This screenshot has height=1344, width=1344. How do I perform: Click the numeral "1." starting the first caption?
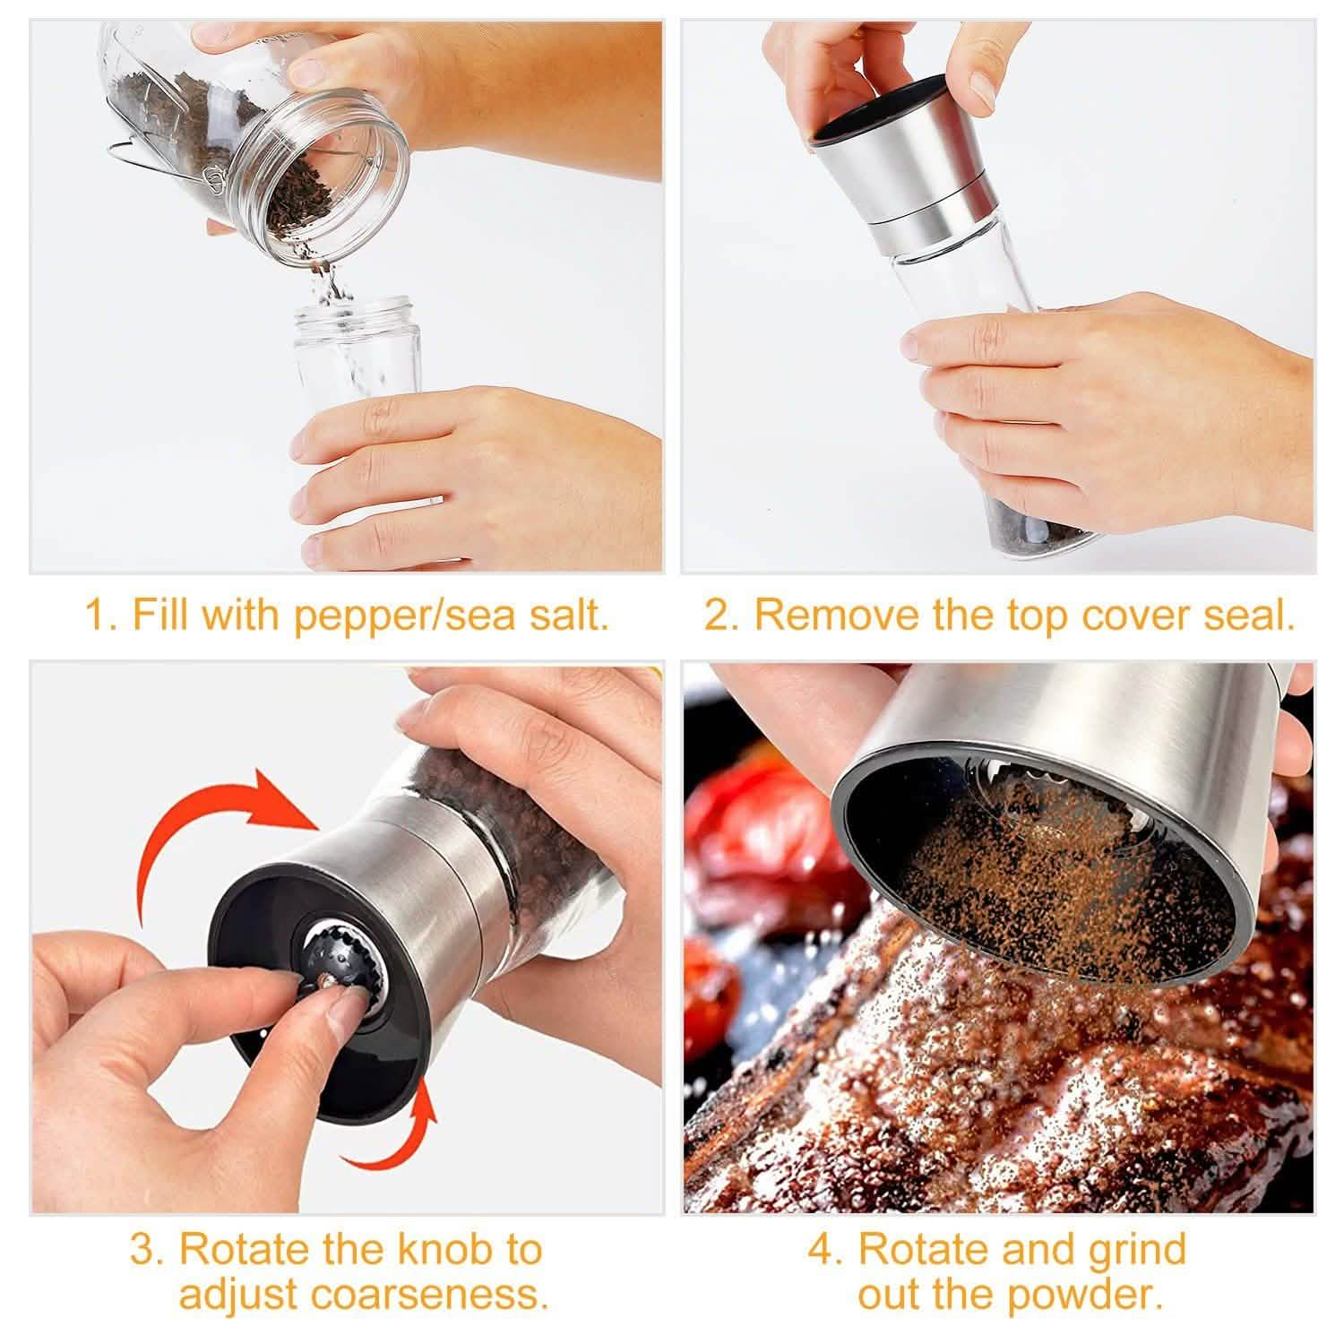click(x=100, y=616)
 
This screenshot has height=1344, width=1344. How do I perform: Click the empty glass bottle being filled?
click(x=358, y=349)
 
